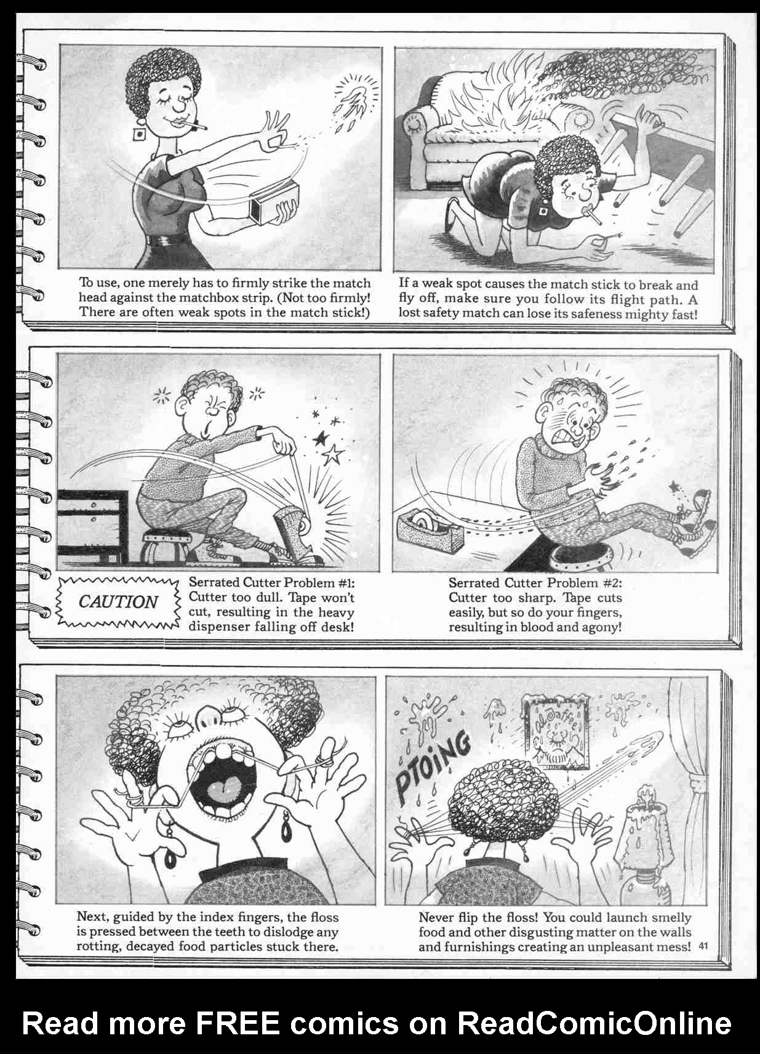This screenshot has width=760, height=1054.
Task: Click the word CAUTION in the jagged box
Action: pos(118,601)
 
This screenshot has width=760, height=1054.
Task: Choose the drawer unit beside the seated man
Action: pos(93,523)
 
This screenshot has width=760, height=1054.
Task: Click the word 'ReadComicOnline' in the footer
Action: pos(594,1023)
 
